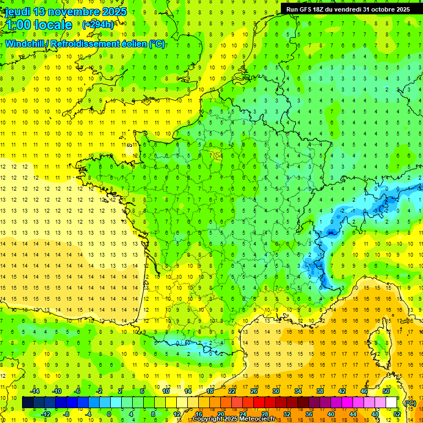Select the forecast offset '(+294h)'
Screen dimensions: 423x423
(x=98, y=25)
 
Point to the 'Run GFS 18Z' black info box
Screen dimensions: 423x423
(x=347, y=9)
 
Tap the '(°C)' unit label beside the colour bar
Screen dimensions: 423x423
(x=410, y=403)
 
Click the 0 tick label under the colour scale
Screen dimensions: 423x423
(x=109, y=414)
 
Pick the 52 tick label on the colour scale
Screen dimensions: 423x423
(x=397, y=414)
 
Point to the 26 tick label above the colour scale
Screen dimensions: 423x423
(x=253, y=391)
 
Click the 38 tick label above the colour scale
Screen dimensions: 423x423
(x=319, y=391)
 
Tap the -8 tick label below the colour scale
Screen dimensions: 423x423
(x=66, y=414)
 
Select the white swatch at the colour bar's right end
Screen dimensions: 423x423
(x=392, y=403)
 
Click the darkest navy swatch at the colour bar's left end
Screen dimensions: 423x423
(x=28, y=403)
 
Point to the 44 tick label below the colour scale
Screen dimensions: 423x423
(x=352, y=414)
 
